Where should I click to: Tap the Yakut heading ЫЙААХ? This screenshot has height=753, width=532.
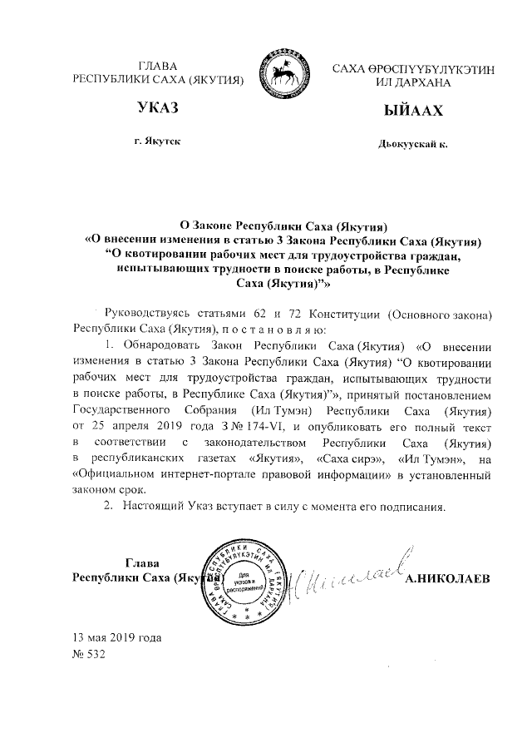(x=408, y=111)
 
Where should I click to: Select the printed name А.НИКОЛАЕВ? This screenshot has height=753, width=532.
(x=450, y=577)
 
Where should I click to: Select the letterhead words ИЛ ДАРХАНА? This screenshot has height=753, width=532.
(x=408, y=83)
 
